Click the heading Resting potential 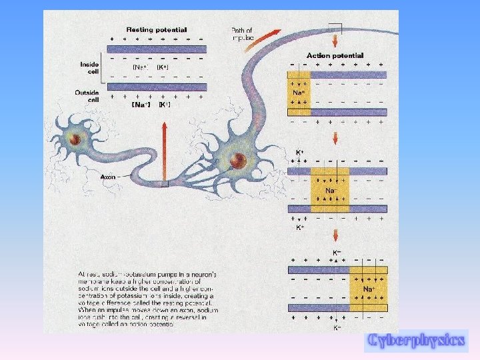[x=157, y=29]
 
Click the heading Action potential [x=335, y=55]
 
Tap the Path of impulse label [x=242, y=33]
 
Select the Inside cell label [x=89, y=67]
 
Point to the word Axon [x=108, y=177]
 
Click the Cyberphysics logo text [x=415, y=340]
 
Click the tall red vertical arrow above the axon [x=163, y=153]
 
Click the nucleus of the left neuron [x=76, y=139]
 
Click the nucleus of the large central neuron [x=236, y=160]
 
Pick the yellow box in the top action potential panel [x=299, y=93]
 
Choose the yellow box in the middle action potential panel [x=329, y=190]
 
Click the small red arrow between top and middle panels [x=335, y=138]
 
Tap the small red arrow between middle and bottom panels [x=335, y=235]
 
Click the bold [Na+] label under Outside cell [x=141, y=105]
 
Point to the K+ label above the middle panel [x=300, y=153]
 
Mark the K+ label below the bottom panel [x=337, y=327]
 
